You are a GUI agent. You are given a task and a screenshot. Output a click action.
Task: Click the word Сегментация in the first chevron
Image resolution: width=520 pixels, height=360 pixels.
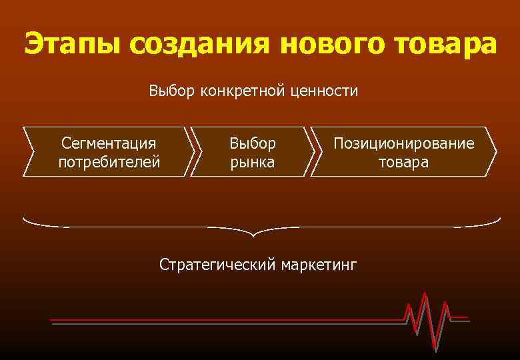tap(109, 143)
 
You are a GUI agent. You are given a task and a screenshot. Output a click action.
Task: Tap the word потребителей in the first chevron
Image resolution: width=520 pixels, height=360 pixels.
tap(109, 162)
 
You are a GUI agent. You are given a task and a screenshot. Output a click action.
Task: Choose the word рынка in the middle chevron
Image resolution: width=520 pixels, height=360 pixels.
tap(252, 162)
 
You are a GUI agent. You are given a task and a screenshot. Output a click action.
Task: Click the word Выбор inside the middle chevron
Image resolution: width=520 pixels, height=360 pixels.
tap(252, 143)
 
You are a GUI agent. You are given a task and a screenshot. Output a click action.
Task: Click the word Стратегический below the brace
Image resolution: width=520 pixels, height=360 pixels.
tap(217, 265)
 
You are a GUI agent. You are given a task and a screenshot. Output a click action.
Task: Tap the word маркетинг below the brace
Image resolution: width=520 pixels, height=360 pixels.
tap(319, 265)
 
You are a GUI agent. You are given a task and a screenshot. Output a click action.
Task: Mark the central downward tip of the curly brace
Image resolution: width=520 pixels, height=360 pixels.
tap(254, 235)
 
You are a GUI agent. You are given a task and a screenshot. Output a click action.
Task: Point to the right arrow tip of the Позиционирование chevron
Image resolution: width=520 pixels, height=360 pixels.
tap(497, 151)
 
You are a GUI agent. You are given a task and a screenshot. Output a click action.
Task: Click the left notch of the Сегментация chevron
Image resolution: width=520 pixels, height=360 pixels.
tap(33, 151)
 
